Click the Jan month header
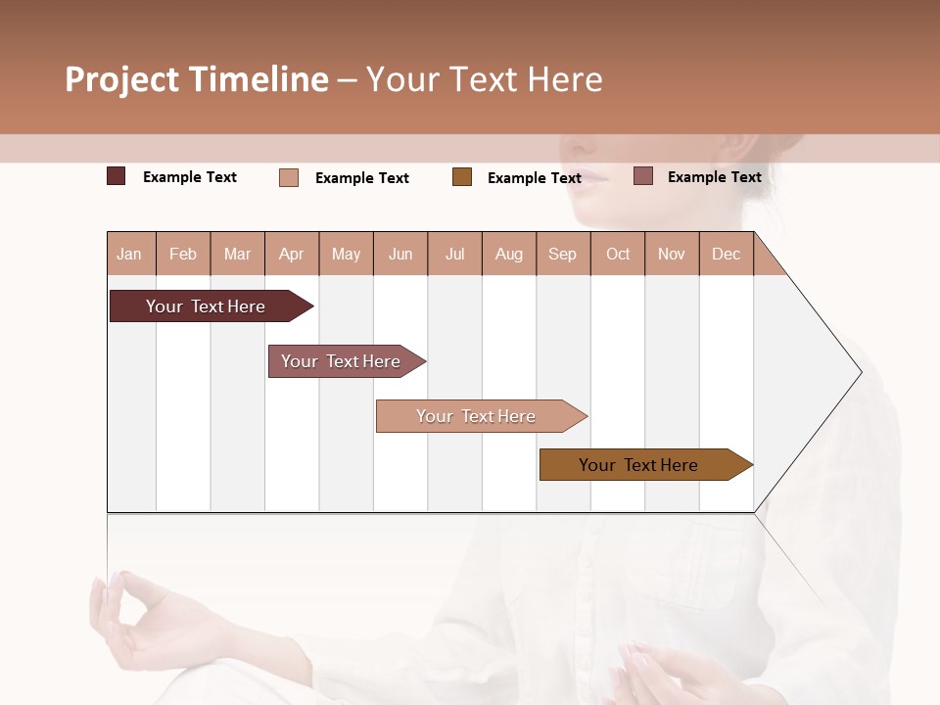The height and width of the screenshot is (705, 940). point(130,255)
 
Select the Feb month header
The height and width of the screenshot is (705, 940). point(183,255)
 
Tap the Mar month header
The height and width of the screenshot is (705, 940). point(237,255)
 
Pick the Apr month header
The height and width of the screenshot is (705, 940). point(292,255)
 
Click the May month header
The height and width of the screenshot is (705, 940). point(346,255)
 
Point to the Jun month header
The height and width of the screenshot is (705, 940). point(400,255)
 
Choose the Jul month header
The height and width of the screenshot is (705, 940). point(454,255)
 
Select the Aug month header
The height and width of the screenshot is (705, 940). point(509,255)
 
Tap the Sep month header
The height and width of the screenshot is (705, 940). point(563,255)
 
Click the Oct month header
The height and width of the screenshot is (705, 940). point(618,255)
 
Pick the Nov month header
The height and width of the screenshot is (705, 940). point(672,255)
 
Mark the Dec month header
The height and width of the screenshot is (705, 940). point(727,255)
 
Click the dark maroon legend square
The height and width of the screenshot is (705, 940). point(117,176)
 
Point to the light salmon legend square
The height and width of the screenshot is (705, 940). point(289,177)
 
